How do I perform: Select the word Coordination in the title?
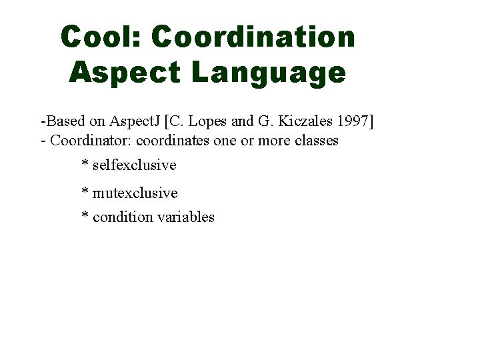click(253, 37)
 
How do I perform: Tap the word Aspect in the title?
click(124, 73)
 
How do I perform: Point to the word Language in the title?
click(269, 73)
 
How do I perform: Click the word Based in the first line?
click(62, 122)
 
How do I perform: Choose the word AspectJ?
click(135, 122)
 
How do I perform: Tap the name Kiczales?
click(307, 122)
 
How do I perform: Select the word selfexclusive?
click(134, 165)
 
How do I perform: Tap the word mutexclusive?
click(135, 193)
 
